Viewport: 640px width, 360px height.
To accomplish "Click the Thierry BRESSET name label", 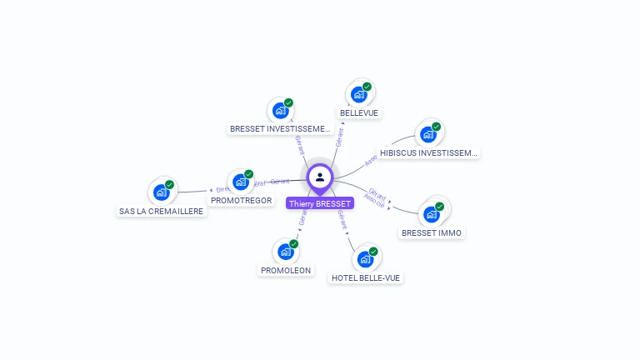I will [x=320, y=203].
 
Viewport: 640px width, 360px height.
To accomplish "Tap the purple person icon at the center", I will [x=320, y=177].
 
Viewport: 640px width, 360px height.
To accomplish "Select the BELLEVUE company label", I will [x=360, y=112].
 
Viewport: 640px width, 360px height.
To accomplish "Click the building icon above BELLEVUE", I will [x=359, y=94].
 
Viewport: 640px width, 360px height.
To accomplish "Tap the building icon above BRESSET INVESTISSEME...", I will [x=281, y=110].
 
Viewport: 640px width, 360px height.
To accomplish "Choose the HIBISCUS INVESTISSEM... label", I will [x=428, y=152].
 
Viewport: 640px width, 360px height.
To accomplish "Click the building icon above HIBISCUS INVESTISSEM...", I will [x=428, y=134].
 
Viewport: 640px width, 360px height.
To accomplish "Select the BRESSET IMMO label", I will [x=432, y=232].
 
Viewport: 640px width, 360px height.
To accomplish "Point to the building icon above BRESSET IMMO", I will [x=432, y=214].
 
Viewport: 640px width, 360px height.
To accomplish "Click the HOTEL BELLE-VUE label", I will [x=366, y=277].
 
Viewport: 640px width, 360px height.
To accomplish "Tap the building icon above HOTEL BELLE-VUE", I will [x=366, y=259].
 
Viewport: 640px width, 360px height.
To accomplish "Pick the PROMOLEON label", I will [x=286, y=270].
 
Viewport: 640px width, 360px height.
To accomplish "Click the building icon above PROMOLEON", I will [x=286, y=252].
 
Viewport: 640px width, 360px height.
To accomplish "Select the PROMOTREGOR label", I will [x=241, y=200].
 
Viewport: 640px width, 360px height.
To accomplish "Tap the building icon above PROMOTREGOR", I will [x=241, y=182].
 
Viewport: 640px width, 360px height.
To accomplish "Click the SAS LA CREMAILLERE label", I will [x=162, y=211].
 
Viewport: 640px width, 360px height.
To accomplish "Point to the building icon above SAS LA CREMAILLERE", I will [x=162, y=192].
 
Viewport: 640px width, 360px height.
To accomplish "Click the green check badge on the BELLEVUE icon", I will [x=367, y=87].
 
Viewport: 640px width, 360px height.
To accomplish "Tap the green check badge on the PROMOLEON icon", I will [x=293, y=244].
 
